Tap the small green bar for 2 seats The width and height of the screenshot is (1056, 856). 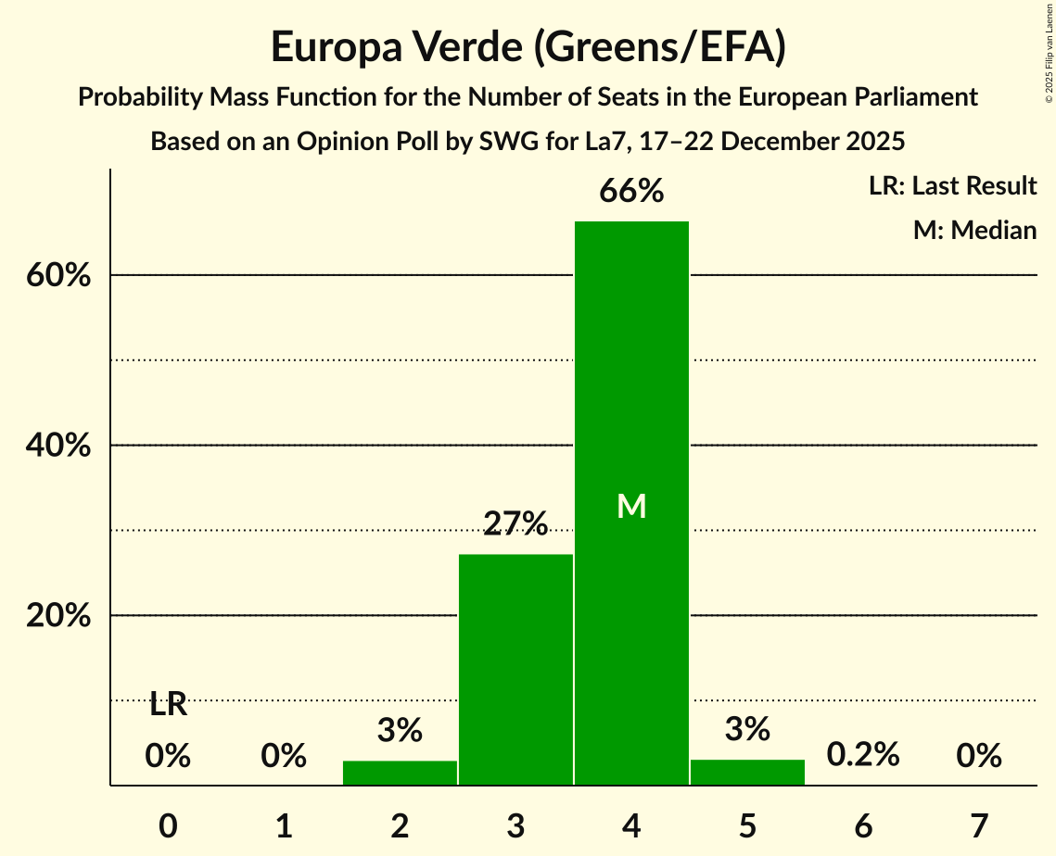pyautogui.click(x=400, y=773)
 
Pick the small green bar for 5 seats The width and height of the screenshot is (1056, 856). pyautogui.click(x=747, y=772)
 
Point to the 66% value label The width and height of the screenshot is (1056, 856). pyautogui.click(x=631, y=192)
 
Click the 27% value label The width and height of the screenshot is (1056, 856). pyautogui.click(x=515, y=524)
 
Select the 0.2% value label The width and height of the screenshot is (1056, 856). pyautogui.click(x=863, y=754)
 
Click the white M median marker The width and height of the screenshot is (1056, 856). pyautogui.click(x=631, y=506)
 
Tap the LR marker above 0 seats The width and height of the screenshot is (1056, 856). pyautogui.click(x=168, y=705)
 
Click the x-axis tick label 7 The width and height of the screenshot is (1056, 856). pyautogui.click(x=979, y=825)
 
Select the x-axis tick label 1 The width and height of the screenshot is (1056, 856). pyautogui.click(x=284, y=825)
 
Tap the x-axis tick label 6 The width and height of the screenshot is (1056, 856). pyautogui.click(x=863, y=825)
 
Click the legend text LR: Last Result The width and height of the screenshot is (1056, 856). pyautogui.click(x=952, y=186)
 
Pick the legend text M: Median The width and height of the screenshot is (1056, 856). pyautogui.click(x=974, y=230)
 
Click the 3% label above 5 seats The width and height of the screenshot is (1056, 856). pyautogui.click(x=747, y=729)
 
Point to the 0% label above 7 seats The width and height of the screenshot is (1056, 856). pyautogui.click(x=979, y=756)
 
